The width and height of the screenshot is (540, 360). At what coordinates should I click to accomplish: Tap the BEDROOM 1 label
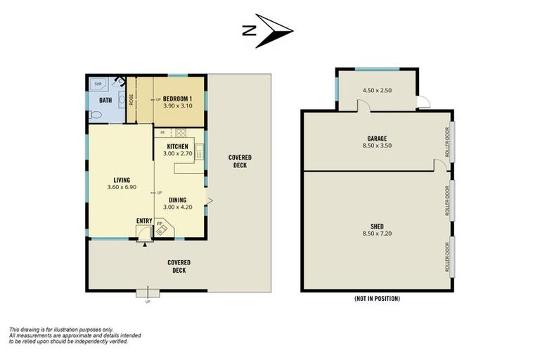pos(177,99)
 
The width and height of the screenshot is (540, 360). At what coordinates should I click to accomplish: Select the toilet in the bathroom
pos(96,115)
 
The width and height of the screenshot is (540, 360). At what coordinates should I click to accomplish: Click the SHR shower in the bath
pos(99,84)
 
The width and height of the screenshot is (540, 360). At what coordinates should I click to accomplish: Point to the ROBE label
pos(131,100)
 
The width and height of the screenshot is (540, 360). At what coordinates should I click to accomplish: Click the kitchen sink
pos(200,152)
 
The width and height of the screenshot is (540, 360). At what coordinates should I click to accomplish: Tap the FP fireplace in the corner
pos(164,227)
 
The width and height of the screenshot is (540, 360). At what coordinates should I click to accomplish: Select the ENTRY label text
pos(144,221)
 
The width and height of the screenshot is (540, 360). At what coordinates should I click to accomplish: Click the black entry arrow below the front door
pos(145,244)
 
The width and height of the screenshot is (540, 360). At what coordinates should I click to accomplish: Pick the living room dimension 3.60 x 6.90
pos(122,187)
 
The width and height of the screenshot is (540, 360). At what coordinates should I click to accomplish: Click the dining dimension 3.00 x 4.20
pos(178,207)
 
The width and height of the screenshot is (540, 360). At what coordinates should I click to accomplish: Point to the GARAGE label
pos(377,139)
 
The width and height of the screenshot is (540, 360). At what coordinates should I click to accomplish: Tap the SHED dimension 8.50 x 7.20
pos(377,233)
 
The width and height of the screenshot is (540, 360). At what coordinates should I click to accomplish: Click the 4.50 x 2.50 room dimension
pos(377,90)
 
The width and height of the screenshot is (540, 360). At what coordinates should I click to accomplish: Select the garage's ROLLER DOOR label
pos(447,142)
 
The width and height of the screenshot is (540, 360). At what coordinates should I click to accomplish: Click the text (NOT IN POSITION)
pos(377,298)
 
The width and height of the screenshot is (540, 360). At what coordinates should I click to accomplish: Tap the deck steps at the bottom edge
pos(148,292)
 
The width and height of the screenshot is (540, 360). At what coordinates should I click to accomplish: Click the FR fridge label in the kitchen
pos(162,132)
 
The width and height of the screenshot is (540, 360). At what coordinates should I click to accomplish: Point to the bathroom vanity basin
pos(122,100)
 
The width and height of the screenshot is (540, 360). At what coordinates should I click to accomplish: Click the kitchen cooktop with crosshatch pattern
pos(181,133)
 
